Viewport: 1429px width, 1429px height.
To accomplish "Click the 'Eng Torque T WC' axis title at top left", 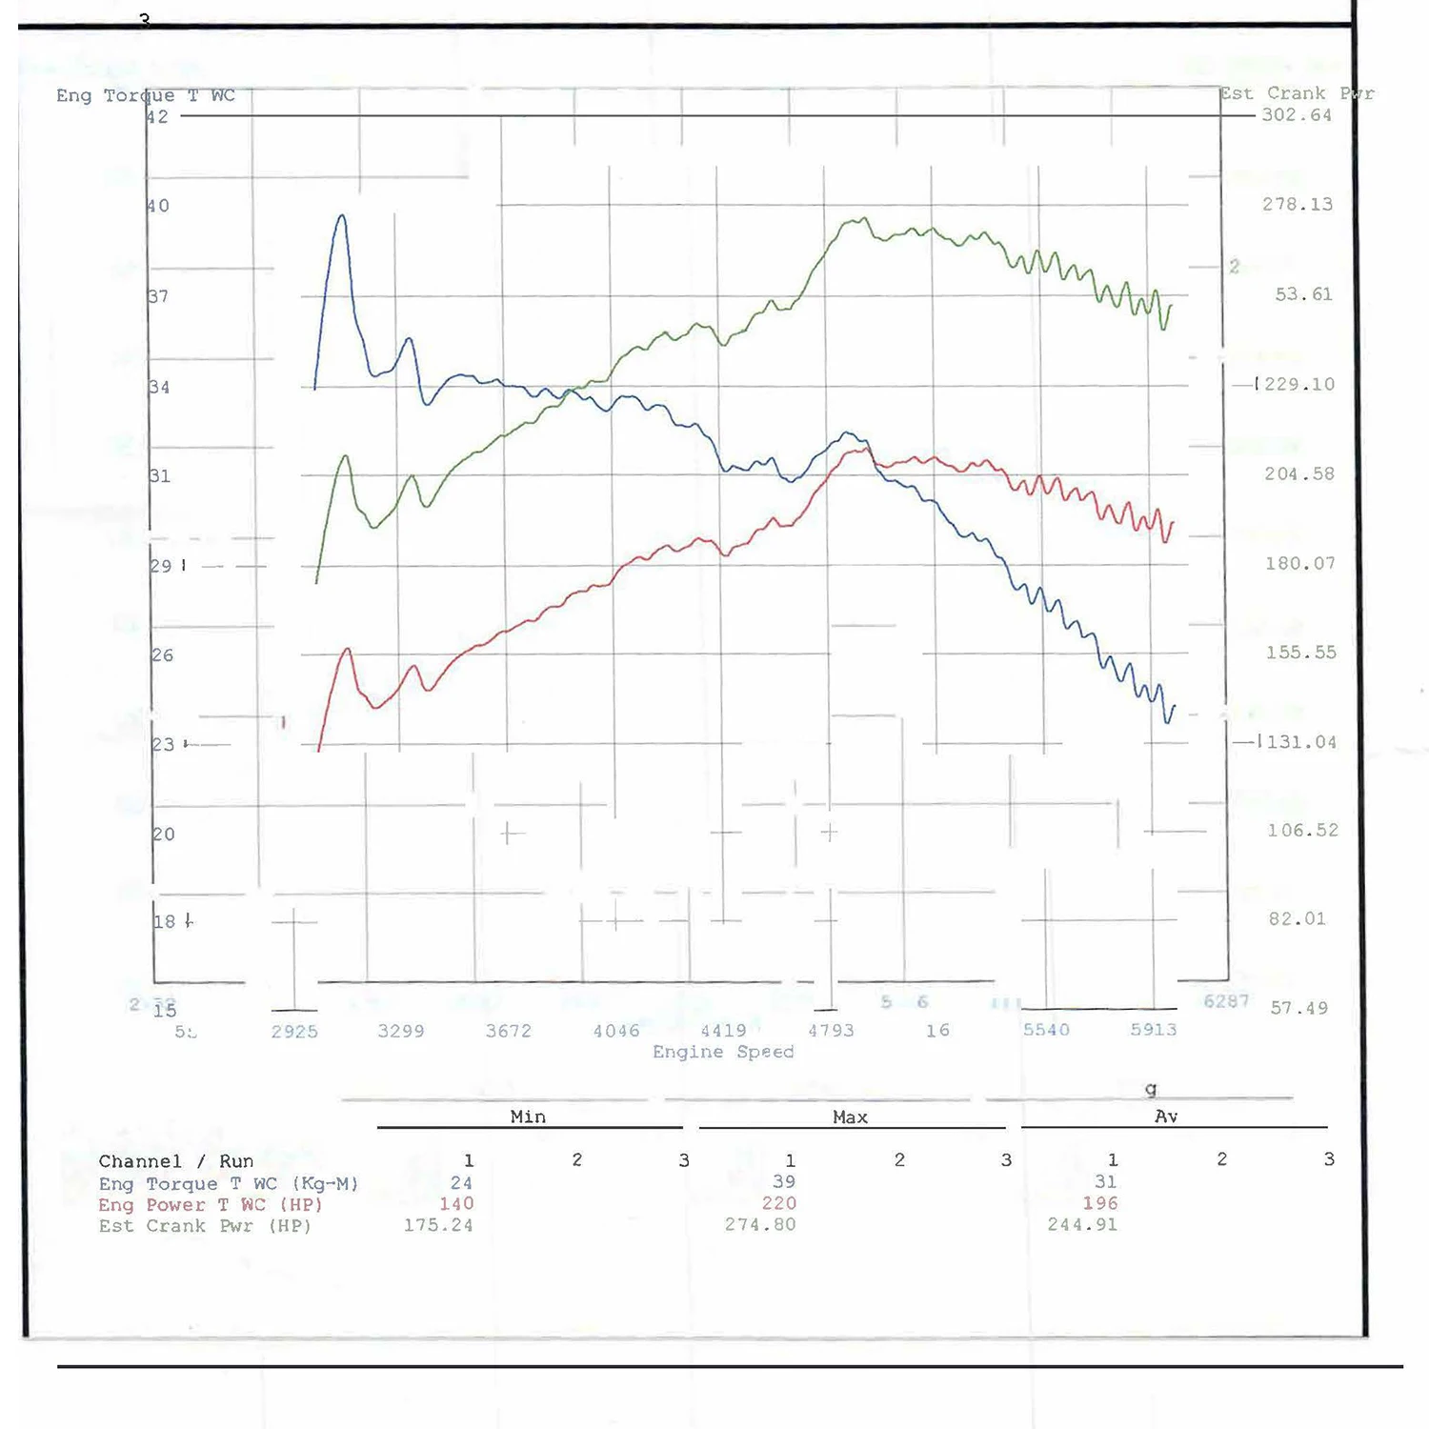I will (145, 95).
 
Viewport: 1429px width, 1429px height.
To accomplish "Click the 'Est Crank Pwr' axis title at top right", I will (1297, 93).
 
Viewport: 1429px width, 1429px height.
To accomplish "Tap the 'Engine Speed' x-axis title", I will (723, 1052).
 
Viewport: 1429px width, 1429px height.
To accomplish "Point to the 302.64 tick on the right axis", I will (1297, 115).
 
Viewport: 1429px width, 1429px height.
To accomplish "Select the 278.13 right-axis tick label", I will (1297, 205).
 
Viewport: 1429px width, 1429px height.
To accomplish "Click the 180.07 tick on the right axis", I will (1299, 564).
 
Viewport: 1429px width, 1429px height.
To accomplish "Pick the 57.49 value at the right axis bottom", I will (1298, 1008).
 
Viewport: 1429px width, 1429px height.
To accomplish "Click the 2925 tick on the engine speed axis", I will (294, 1032).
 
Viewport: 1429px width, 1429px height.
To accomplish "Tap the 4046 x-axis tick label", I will (616, 1031).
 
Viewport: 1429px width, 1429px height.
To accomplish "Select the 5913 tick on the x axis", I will (1153, 1030).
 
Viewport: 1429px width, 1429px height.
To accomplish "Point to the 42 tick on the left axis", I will (158, 117).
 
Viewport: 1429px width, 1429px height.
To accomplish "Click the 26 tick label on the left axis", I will (163, 655).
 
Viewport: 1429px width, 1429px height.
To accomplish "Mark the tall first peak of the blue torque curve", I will (341, 217).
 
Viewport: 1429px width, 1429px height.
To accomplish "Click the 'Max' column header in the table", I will (850, 1117).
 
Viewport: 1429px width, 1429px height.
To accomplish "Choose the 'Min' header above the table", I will (528, 1117).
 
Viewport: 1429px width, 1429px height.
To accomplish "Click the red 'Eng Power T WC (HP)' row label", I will (210, 1205).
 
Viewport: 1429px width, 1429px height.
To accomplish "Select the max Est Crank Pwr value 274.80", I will (759, 1225).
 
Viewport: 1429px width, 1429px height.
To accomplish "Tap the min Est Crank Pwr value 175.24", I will (437, 1225).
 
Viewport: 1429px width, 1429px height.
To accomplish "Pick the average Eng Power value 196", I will (1099, 1204).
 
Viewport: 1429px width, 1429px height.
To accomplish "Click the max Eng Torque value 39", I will (783, 1182).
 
